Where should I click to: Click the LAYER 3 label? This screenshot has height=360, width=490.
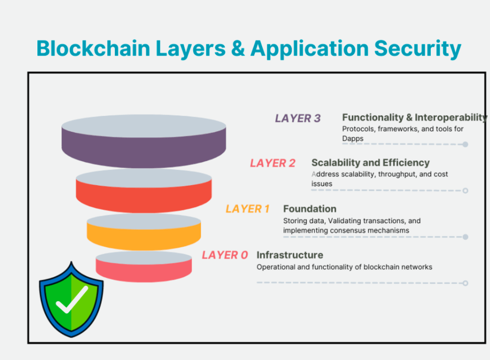298,119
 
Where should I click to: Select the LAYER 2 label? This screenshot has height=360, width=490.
273,163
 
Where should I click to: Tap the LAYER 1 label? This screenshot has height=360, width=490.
247,209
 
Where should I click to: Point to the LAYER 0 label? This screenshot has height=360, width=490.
225,255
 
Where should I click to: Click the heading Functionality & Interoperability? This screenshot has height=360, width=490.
414,117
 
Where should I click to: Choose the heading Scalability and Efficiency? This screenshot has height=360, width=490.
370,162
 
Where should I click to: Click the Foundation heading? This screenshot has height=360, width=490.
309,209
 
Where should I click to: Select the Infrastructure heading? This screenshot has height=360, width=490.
289,255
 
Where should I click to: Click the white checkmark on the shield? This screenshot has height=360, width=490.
72,300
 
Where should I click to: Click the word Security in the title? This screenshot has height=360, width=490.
418,49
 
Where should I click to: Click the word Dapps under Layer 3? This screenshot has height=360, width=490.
352,138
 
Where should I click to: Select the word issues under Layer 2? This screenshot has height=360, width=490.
321,184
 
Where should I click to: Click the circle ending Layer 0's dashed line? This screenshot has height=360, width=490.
465,283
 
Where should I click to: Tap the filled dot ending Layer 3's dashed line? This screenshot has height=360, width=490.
465,144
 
